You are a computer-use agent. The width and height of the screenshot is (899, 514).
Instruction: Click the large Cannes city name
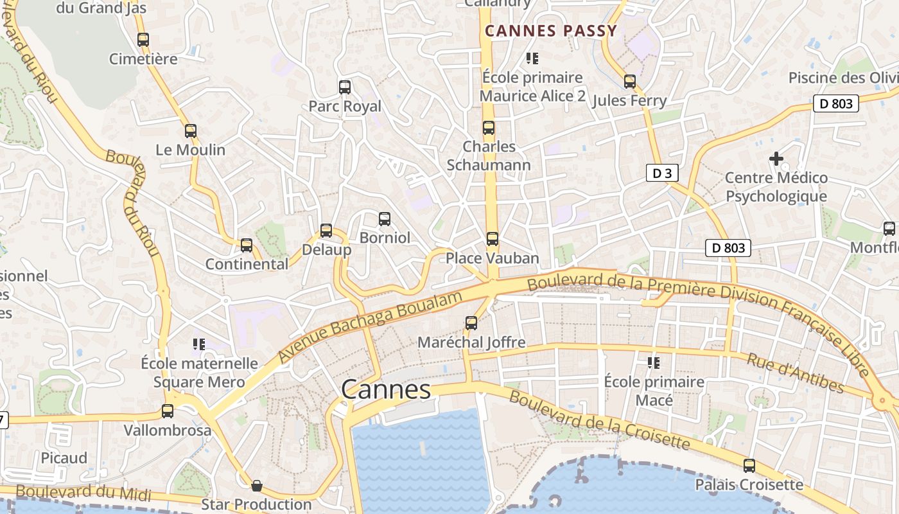(x=386, y=389)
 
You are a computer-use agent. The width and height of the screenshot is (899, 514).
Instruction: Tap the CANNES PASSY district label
(x=550, y=31)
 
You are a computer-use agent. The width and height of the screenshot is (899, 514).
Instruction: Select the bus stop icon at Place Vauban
(x=493, y=239)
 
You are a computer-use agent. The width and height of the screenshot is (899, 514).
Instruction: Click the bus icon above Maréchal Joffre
(x=471, y=323)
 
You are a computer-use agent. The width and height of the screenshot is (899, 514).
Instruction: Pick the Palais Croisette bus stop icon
(x=749, y=466)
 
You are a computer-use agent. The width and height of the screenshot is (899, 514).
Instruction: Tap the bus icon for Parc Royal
(x=345, y=87)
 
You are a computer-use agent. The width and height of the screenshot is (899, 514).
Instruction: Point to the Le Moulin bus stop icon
(x=191, y=131)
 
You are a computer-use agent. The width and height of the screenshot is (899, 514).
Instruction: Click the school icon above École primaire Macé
(x=654, y=363)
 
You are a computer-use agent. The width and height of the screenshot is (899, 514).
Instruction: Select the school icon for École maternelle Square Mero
(x=199, y=344)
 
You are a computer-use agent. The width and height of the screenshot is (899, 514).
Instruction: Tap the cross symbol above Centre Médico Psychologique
(x=776, y=158)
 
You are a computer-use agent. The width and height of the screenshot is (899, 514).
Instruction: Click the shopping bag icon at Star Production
(x=257, y=485)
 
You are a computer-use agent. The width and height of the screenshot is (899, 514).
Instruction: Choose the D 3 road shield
(x=662, y=173)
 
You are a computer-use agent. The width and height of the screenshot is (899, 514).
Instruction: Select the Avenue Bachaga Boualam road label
(x=370, y=327)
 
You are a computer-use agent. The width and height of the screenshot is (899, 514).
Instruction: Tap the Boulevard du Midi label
(x=83, y=493)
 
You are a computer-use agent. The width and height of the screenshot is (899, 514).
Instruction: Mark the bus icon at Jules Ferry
(x=630, y=82)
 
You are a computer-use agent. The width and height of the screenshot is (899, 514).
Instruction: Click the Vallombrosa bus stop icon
(x=168, y=411)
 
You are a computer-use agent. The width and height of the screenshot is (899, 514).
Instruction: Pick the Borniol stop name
(x=385, y=238)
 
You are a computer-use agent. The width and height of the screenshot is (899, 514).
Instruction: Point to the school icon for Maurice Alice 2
(x=532, y=58)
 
